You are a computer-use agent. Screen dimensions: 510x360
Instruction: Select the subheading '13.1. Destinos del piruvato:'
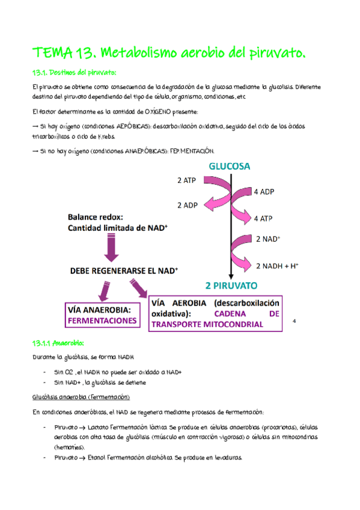[x=75, y=73]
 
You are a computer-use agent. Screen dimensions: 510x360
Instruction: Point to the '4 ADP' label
[x=265, y=192]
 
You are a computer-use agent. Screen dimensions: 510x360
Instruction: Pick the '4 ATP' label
[x=265, y=218]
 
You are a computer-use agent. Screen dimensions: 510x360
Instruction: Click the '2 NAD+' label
[x=267, y=239]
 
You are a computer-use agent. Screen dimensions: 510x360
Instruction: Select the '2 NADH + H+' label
[x=278, y=265]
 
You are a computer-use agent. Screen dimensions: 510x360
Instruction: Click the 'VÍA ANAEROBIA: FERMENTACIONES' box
[x=102, y=315]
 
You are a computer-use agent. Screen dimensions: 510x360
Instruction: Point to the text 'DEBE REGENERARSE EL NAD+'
[x=123, y=271]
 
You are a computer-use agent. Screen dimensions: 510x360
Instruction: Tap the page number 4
[x=294, y=321]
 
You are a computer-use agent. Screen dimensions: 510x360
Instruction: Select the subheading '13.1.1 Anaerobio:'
[x=58, y=343]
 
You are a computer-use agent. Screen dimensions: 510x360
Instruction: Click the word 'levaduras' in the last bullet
[x=225, y=458]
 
